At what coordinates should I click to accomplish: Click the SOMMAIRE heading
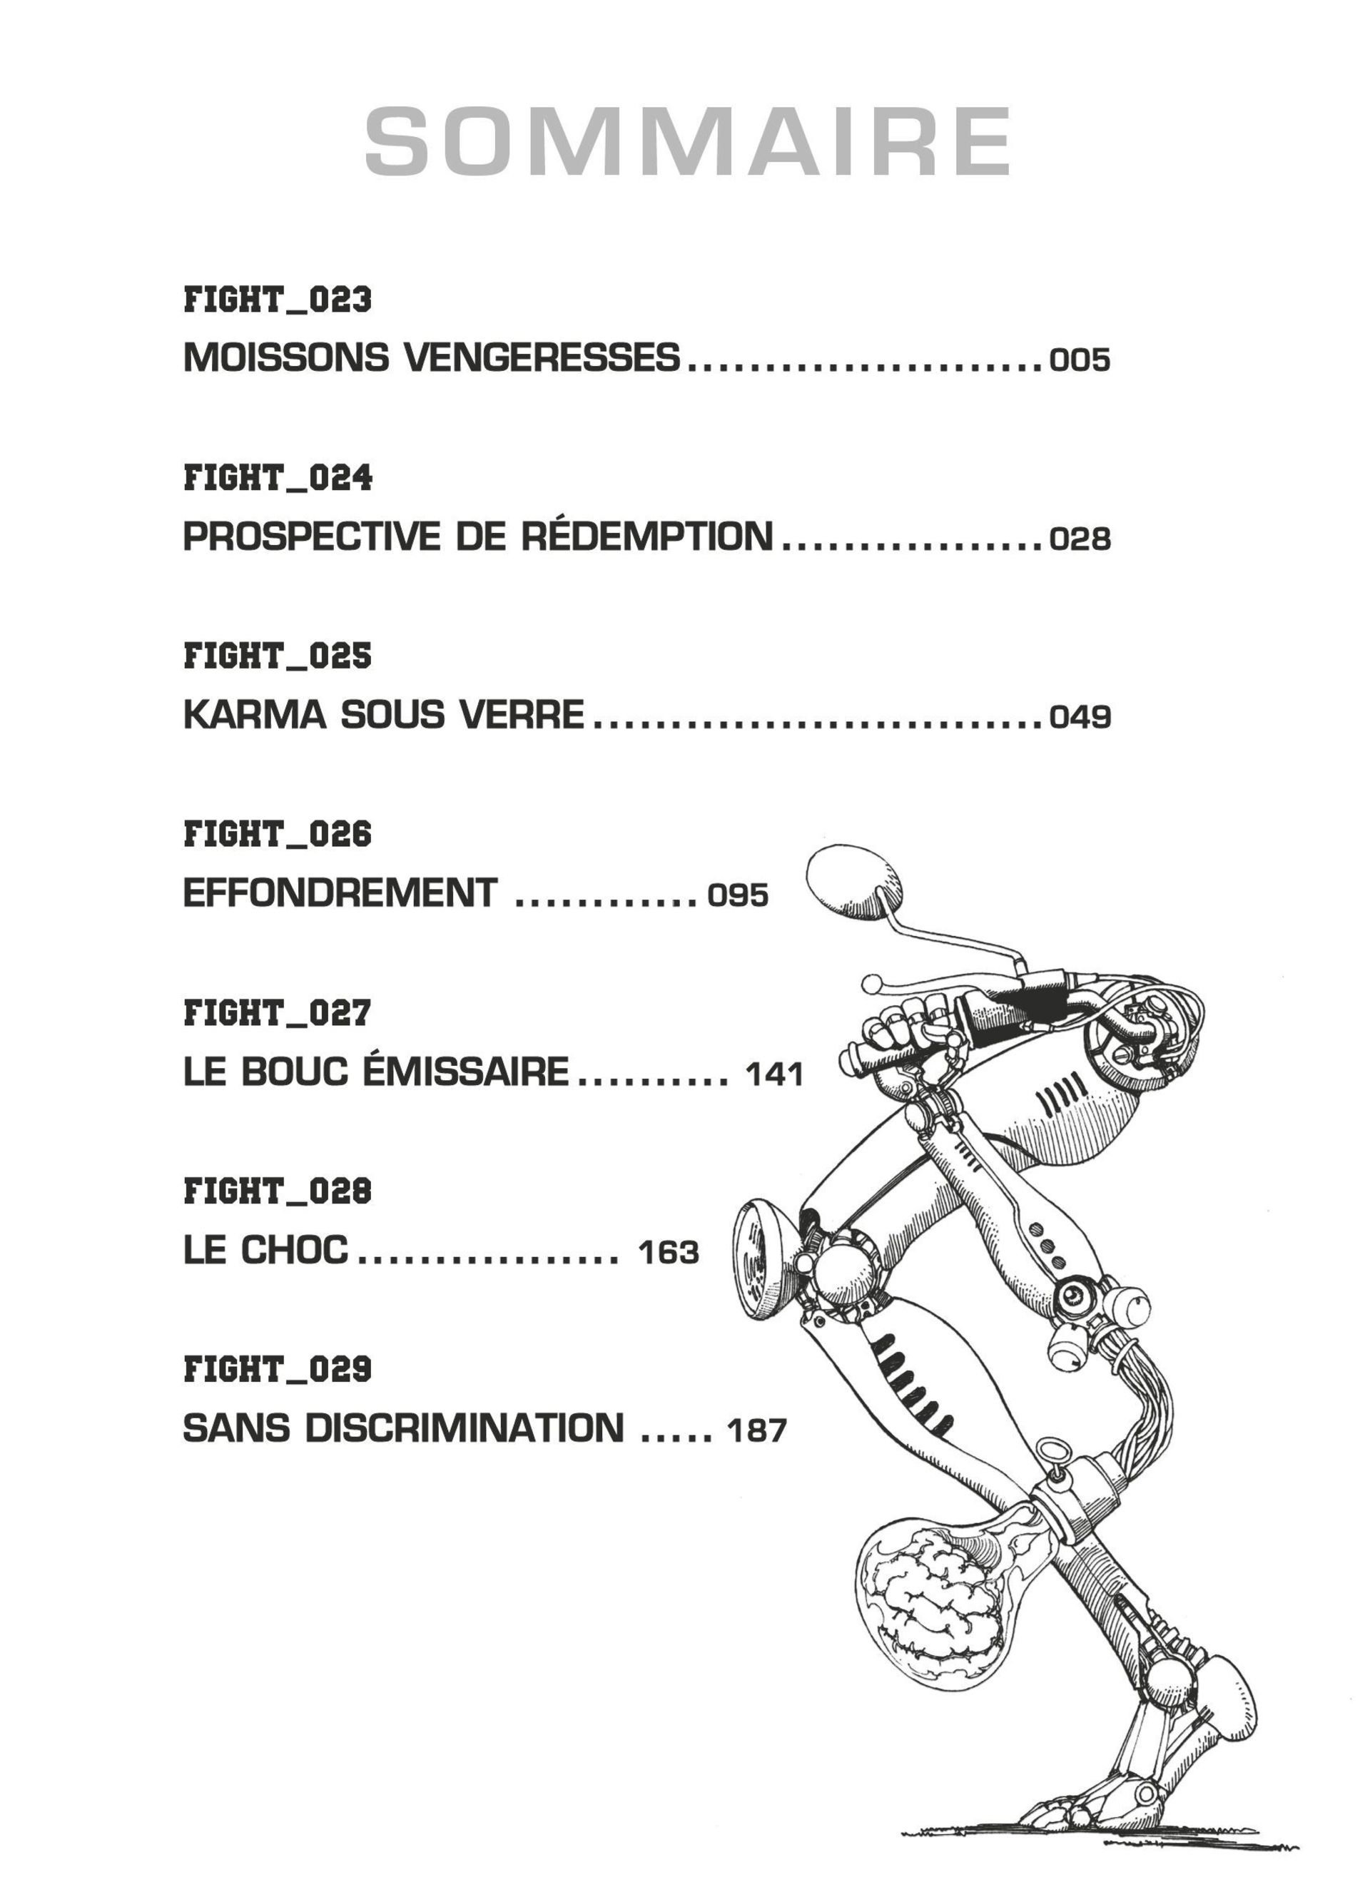tap(688, 141)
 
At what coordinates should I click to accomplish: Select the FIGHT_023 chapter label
tap(277, 300)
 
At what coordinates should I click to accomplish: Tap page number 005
tap(1080, 360)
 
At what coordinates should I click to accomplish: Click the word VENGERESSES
tap(542, 357)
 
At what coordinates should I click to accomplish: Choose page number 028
tap(1080, 539)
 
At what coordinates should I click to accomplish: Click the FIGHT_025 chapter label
tap(277, 656)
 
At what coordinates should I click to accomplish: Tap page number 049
tap(1080, 717)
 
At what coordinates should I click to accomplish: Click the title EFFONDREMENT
tap(340, 892)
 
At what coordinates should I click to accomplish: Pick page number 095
tap(738, 895)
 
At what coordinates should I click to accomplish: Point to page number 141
tap(774, 1073)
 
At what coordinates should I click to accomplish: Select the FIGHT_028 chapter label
tap(277, 1190)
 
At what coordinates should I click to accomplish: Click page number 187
tap(757, 1430)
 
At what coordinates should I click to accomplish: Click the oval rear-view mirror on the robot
tap(854, 878)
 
